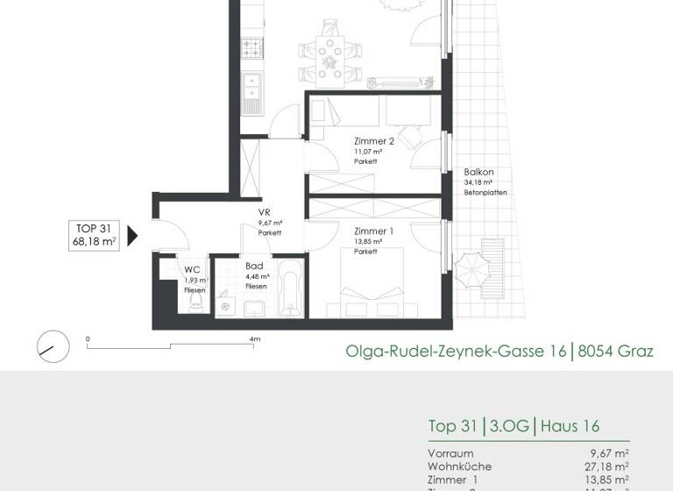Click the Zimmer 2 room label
374,141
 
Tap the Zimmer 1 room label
374,231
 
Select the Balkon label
479,172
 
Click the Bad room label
254,265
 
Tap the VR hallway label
263,213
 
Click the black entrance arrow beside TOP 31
133,235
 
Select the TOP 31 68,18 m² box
96,235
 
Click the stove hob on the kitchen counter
253,46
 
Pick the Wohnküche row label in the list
460,466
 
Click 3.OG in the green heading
510,426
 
